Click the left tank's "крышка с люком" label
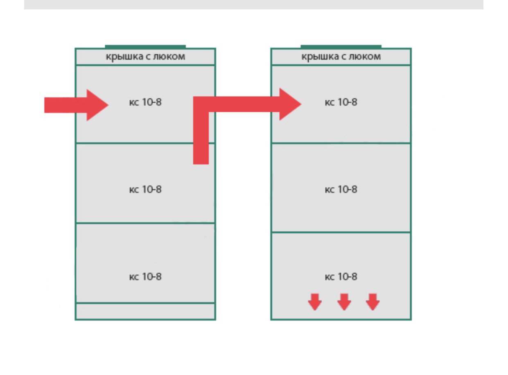(x=145, y=56)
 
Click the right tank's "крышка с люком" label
(x=341, y=56)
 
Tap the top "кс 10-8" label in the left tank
(x=145, y=102)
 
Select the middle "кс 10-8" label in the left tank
(x=145, y=189)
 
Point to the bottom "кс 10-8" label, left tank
(x=145, y=276)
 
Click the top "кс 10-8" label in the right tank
(x=341, y=102)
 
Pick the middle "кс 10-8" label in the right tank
(x=341, y=189)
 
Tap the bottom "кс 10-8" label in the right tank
(x=341, y=276)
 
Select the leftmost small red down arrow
(x=315, y=302)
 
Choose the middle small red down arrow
(x=344, y=302)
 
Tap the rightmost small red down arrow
(x=373, y=302)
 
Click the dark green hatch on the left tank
(x=145, y=47)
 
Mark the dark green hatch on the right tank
(x=341, y=47)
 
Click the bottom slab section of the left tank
(x=145, y=311)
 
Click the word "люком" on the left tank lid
(x=169, y=56)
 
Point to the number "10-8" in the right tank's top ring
(x=348, y=102)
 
